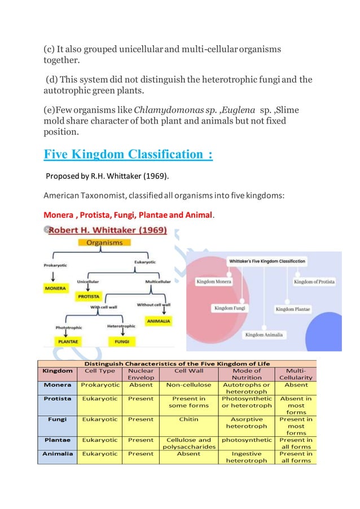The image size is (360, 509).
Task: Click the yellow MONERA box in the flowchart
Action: tap(55, 288)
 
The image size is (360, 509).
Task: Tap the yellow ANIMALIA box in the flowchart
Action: tap(158, 321)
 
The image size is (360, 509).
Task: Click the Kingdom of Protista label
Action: tap(314, 281)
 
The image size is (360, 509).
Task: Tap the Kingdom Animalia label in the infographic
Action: tap(264, 335)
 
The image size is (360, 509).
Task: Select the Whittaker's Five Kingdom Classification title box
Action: tap(267, 261)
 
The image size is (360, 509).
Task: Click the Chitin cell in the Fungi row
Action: tap(188, 419)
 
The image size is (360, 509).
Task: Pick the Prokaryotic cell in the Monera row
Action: tap(99, 385)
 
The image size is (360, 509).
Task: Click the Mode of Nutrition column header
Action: tap(247, 374)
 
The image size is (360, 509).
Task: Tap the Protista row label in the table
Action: tap(58, 398)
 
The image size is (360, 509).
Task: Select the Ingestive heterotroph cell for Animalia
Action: tap(247, 457)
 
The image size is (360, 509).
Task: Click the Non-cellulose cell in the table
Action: tap(188, 385)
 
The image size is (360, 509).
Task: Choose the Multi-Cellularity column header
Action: tap(296, 374)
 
